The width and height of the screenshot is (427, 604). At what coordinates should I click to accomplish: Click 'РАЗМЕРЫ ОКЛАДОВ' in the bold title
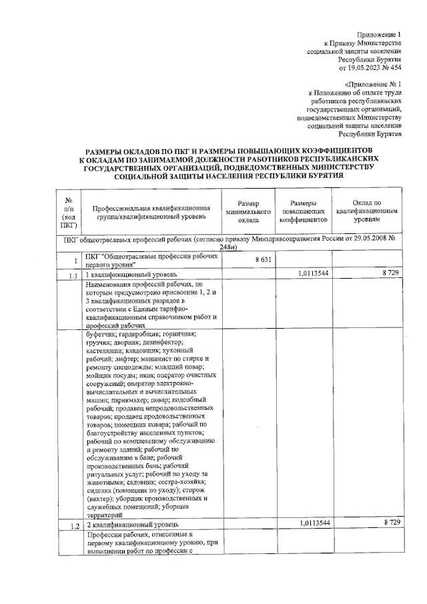tap(122, 152)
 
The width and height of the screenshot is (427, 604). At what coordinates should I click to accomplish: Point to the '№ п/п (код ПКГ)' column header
tap(69, 212)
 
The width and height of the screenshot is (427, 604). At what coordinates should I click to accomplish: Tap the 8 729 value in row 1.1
tap(391, 274)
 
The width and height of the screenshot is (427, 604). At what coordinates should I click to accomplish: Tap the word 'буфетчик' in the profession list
tap(101, 334)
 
